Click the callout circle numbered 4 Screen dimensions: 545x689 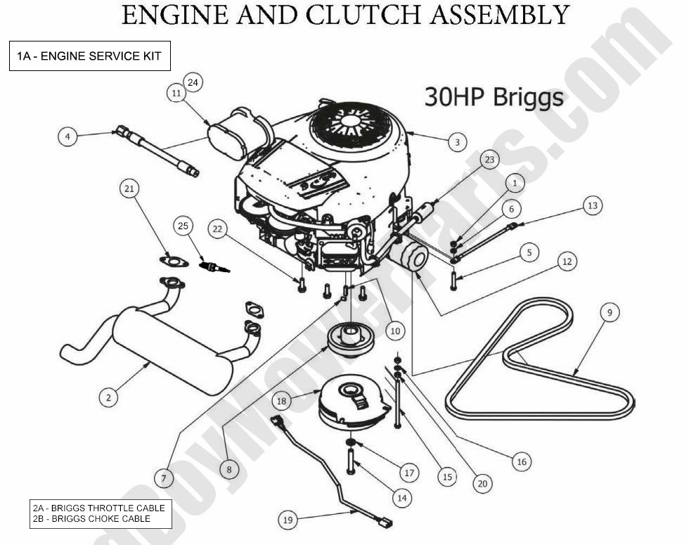tap(67, 136)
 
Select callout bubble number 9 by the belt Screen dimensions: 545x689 tap(610, 312)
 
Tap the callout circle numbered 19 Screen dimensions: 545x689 tap(288, 520)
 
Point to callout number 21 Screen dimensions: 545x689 tap(129, 188)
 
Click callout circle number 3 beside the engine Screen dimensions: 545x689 tap(457, 142)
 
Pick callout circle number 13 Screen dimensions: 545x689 tap(593, 205)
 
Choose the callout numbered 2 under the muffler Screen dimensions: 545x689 tap(108, 397)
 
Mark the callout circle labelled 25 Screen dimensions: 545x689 tap(183, 226)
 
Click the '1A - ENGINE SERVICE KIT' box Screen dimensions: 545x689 tap(89, 56)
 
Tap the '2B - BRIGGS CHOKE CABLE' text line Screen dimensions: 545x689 tap(91, 519)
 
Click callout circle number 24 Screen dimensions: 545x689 tap(193, 82)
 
